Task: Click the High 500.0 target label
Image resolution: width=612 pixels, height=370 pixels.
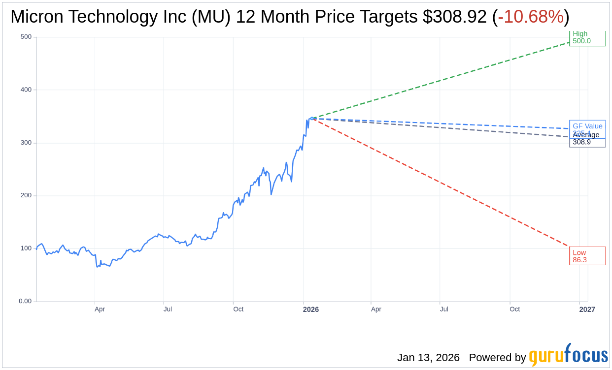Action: pos(587,37)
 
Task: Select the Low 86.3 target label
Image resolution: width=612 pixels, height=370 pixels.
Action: pos(587,256)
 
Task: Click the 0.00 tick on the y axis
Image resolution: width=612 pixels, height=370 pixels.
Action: pos(25,301)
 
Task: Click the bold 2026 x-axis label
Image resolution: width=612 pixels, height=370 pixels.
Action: pos(310,309)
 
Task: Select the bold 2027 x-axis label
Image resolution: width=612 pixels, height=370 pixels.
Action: pos(587,309)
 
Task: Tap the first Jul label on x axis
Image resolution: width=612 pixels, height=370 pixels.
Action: pos(168,309)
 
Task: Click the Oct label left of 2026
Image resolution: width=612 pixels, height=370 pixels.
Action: pos(238,309)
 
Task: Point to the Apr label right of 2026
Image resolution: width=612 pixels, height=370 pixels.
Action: pos(376,309)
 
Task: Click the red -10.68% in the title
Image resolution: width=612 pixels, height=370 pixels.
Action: pos(531,17)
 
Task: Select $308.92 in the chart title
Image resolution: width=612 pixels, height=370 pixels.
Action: pos(454,17)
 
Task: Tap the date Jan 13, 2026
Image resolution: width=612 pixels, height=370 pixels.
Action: pos(428,358)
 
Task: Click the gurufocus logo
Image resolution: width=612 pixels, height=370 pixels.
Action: pos(568,355)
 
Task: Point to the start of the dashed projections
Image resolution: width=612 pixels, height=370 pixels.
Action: pos(312,118)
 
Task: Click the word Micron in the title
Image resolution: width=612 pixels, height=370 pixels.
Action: pos(37,17)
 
